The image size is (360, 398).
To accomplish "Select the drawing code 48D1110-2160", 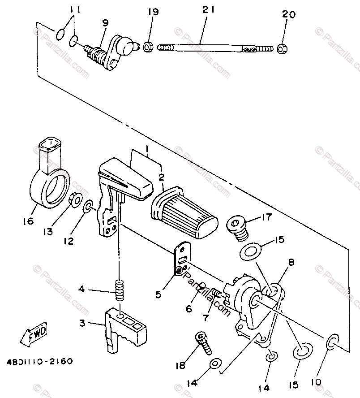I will [x=40, y=361].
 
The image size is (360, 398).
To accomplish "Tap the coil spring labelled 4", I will [x=120, y=290].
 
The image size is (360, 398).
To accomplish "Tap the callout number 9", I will [x=105, y=23].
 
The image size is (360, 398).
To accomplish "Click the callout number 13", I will [x=48, y=231].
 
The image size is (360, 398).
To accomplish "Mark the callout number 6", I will [x=189, y=309].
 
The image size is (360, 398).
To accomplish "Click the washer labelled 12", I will [x=88, y=207].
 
